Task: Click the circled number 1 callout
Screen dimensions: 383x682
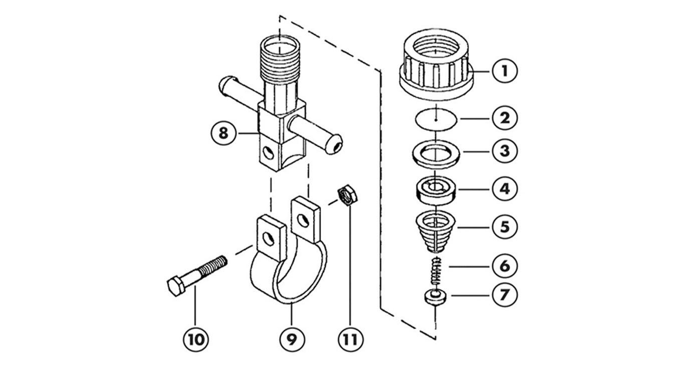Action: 504,71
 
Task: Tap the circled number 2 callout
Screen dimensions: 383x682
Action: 504,118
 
